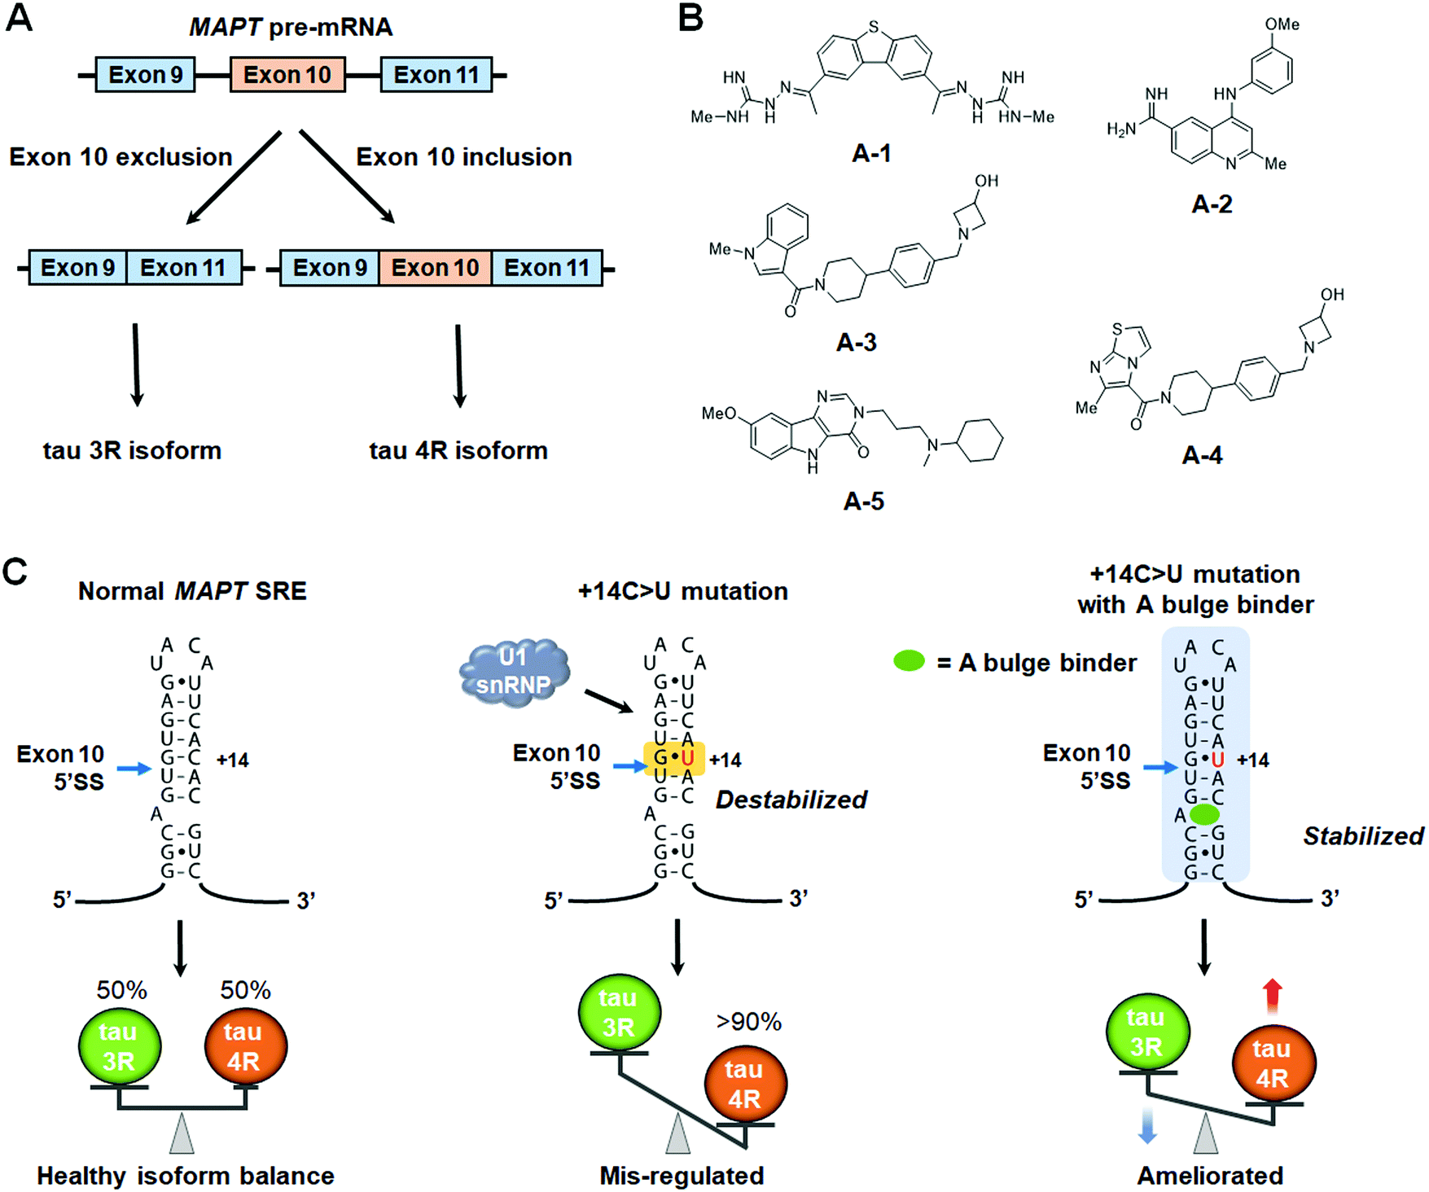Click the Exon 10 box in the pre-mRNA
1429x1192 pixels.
point(287,75)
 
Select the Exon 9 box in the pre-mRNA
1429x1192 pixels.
point(145,75)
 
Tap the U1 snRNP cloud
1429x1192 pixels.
point(514,673)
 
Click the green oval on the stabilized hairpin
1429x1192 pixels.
point(1204,814)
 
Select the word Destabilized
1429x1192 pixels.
point(791,800)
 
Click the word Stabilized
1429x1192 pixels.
point(1363,836)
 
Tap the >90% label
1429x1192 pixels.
point(748,1022)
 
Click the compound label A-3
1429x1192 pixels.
point(856,343)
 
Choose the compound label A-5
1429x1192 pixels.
point(863,502)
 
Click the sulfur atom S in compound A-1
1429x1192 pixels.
point(874,28)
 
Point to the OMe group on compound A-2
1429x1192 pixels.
point(1282,24)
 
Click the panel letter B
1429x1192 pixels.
point(690,18)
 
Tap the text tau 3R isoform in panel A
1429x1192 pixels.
point(132,450)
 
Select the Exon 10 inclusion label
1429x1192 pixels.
point(464,157)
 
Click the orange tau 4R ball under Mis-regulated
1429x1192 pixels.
point(744,1084)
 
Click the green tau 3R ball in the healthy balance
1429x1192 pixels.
point(119,1046)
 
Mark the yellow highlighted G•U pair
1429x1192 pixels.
point(674,759)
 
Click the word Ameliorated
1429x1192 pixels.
point(1210,1176)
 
